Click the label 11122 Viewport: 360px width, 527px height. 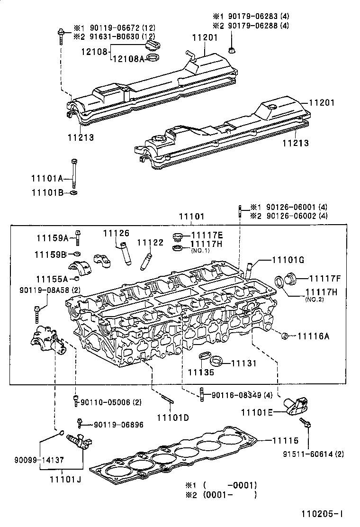point(150,243)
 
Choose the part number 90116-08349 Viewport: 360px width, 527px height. point(235,395)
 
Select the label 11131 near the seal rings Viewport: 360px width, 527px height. point(243,363)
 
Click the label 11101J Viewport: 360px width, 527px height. point(65,479)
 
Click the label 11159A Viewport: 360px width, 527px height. point(52,237)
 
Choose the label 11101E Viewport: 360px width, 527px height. point(257,412)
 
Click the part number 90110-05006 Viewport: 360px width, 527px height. point(105,402)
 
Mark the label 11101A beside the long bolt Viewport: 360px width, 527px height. point(47,178)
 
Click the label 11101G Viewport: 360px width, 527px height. point(288,260)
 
